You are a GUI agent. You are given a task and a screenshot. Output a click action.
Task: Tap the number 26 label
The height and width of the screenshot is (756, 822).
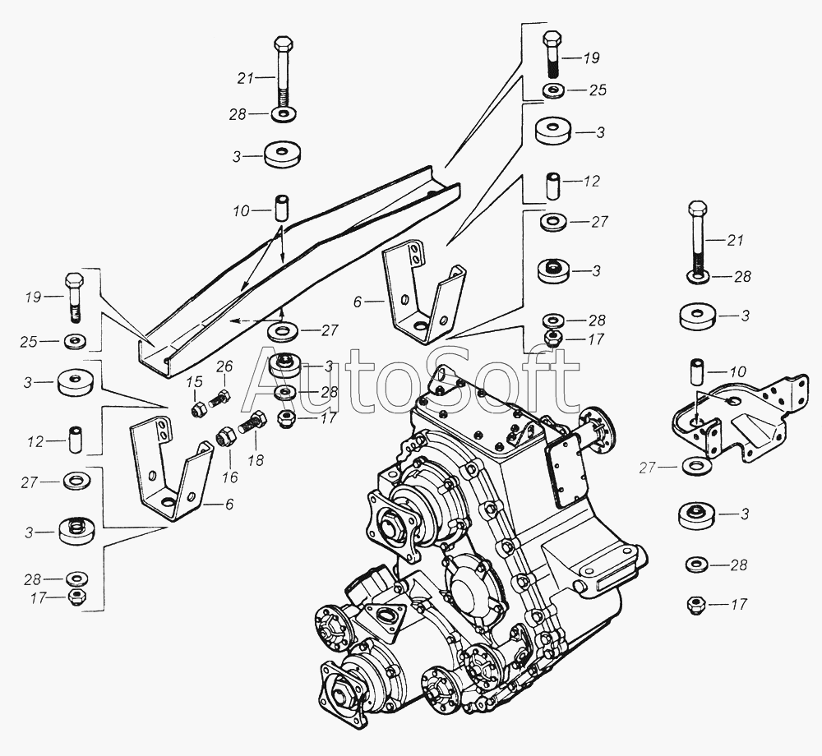(224, 366)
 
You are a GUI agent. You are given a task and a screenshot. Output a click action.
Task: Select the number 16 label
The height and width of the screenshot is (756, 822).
(229, 477)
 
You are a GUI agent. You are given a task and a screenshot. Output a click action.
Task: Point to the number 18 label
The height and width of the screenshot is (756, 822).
(256, 460)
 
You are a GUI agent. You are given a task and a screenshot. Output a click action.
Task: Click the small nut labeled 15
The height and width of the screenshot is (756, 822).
(199, 409)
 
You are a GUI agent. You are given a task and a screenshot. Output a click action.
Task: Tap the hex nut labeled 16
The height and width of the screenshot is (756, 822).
(224, 436)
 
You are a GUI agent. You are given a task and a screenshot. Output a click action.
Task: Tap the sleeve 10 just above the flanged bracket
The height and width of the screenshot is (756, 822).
(696, 370)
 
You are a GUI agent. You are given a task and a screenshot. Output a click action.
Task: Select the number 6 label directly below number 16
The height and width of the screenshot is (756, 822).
(229, 504)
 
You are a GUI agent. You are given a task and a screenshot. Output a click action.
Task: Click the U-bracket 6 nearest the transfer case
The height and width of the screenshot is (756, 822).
(423, 291)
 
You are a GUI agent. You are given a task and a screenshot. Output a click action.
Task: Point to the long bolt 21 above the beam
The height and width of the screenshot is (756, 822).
(284, 79)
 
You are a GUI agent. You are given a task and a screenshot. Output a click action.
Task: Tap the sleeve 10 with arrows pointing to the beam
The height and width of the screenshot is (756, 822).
(283, 209)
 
